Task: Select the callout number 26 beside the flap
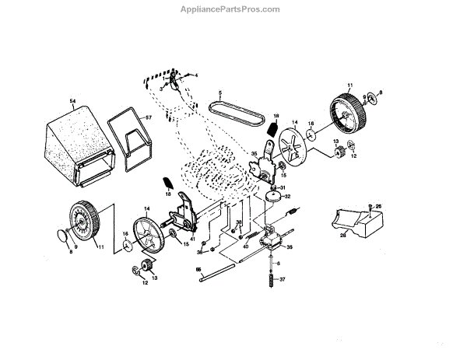click(x=379, y=206)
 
